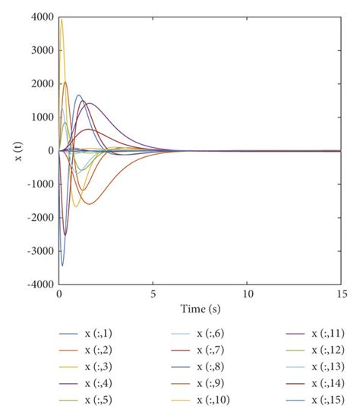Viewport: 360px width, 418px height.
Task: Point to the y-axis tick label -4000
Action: pos(41,284)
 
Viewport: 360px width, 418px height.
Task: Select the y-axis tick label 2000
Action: pos(43,84)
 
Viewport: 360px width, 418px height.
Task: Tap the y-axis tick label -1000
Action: pos(41,184)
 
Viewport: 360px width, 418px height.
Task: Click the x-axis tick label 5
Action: pos(153,294)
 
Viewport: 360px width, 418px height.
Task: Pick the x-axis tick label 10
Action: pos(247,294)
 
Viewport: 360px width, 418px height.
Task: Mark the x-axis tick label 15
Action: pos(340,294)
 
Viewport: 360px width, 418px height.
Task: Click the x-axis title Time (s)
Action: pos(199,309)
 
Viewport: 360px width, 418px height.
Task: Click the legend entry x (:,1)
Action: pos(99,333)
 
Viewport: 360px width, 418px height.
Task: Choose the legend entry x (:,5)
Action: pos(99,400)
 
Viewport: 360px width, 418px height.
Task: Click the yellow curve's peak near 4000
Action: pos(62,20)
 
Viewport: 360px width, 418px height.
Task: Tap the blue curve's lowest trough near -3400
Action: pos(62,266)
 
